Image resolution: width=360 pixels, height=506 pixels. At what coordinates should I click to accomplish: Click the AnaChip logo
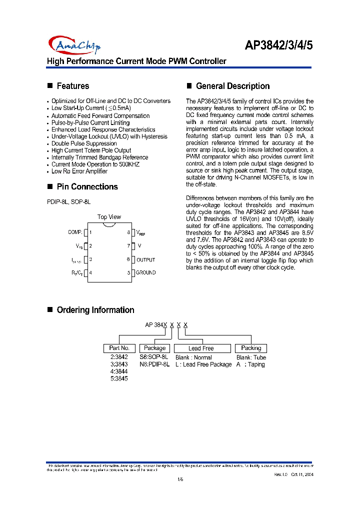click(x=74, y=45)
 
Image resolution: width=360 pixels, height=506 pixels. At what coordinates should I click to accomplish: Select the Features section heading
click(x=72, y=86)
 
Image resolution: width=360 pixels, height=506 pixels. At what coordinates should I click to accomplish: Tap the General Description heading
click(x=232, y=86)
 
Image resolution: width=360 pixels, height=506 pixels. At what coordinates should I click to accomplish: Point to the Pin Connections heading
click(x=87, y=186)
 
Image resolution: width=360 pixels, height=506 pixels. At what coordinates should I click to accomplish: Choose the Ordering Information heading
click(x=95, y=310)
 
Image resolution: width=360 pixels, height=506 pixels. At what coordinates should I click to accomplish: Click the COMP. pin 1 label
click(x=75, y=232)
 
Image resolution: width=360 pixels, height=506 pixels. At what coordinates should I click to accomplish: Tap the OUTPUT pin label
click(x=145, y=259)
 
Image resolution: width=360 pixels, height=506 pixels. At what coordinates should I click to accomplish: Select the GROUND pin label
click(x=145, y=272)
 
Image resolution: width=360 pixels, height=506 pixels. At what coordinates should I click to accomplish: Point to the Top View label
click(x=109, y=217)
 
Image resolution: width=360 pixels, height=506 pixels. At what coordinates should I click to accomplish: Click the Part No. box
click(x=119, y=348)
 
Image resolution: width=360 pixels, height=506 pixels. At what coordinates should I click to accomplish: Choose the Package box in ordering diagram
click(x=155, y=348)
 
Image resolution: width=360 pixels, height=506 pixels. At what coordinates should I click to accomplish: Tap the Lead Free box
click(x=201, y=348)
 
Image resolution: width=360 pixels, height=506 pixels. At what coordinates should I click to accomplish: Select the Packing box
click(x=251, y=348)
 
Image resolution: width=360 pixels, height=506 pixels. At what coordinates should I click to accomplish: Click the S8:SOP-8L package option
click(x=153, y=357)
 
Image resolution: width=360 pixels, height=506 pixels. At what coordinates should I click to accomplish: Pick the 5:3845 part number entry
click(x=119, y=378)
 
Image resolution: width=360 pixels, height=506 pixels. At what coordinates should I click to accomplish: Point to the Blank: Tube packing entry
click(x=251, y=357)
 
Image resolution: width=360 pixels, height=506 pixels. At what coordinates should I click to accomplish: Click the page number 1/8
click(x=180, y=480)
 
